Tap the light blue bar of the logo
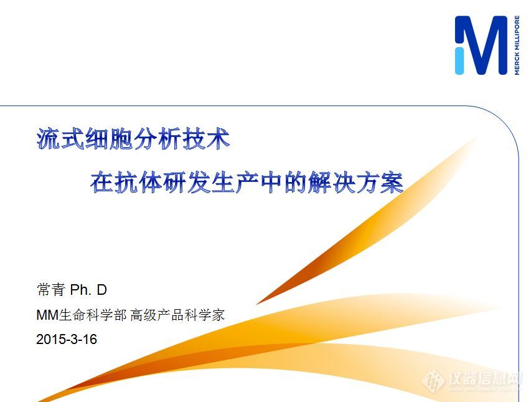[x=460, y=59]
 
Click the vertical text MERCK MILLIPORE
[x=517, y=45]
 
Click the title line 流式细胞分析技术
[x=133, y=138]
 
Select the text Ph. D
[x=88, y=290]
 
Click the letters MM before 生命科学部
[x=47, y=315]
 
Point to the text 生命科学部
[x=93, y=315]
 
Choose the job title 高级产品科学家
[x=177, y=315]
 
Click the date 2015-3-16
[x=67, y=340]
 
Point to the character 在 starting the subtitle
[x=101, y=182]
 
